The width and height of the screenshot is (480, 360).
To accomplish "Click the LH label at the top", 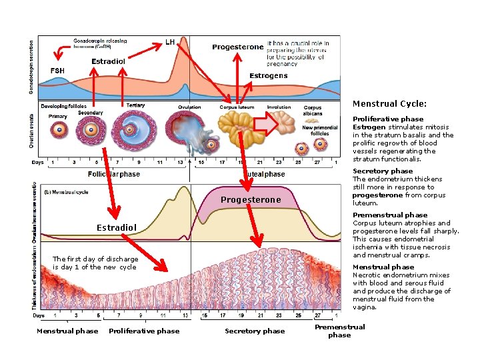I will [x=170, y=42].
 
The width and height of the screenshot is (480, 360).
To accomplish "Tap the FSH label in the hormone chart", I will [x=58, y=71].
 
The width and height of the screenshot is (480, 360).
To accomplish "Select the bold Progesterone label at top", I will [x=238, y=47].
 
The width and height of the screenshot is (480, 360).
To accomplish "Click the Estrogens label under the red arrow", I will [x=268, y=76].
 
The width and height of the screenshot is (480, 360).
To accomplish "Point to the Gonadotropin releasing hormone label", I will [x=100, y=45].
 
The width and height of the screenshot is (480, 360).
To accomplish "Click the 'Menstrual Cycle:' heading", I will [x=389, y=104].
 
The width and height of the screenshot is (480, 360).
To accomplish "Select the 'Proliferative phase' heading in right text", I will [x=388, y=119].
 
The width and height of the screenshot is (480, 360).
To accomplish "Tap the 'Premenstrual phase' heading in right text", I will [x=390, y=215].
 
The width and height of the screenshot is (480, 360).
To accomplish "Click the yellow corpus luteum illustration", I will [x=237, y=129].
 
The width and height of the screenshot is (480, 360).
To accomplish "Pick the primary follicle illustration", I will [x=59, y=130].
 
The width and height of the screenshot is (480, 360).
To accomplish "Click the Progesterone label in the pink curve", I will [x=251, y=200].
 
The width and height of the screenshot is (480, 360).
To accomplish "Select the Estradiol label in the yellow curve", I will [x=117, y=228].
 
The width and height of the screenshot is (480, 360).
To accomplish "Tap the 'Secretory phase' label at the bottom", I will [x=255, y=331].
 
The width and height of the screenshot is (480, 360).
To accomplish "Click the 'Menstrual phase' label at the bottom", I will [x=67, y=331].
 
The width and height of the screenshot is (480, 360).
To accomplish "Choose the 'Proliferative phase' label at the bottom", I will [x=144, y=331].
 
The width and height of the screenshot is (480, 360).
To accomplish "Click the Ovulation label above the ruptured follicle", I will [x=190, y=107].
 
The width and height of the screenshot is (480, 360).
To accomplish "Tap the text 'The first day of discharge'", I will [x=95, y=259].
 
